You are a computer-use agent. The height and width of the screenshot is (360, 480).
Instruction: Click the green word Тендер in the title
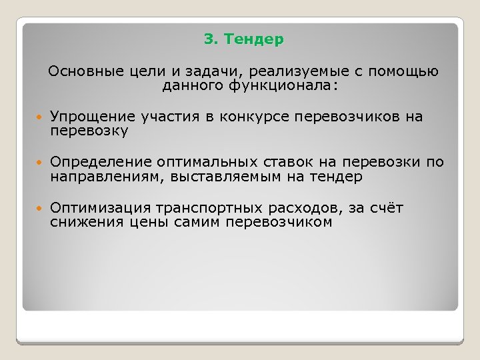click(x=254, y=41)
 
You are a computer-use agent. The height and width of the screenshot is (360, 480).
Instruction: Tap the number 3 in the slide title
click(x=209, y=41)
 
